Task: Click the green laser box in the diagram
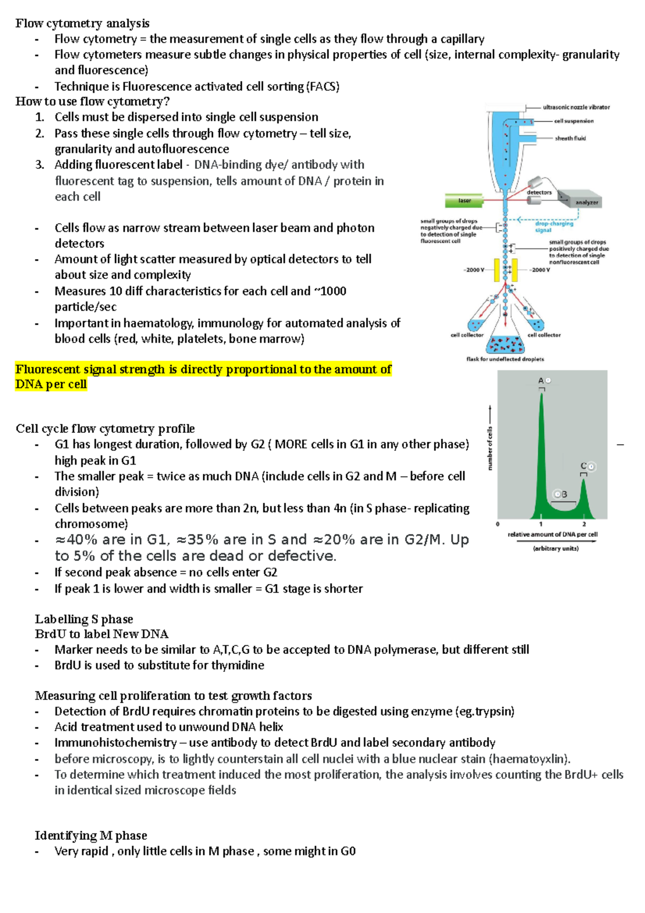tap(464, 201)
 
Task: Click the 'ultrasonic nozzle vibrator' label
tap(576, 107)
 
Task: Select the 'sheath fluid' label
tap(570, 138)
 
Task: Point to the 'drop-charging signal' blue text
tap(554, 227)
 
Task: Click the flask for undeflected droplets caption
tap(505, 359)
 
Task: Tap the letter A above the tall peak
tap(541, 381)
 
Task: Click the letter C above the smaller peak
tap(583, 466)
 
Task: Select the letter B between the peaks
tap(564, 494)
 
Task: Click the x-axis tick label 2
tap(584, 524)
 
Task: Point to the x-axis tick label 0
tap(498, 524)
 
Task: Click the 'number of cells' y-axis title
tap(490, 448)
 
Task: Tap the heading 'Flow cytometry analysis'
tap(82, 23)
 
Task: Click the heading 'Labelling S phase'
tap(84, 619)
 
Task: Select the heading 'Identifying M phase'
tap(91, 835)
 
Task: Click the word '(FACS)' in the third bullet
tap(322, 87)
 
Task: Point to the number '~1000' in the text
tap(329, 291)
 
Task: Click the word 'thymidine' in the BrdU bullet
tap(238, 665)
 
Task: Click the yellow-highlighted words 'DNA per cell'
tap(51, 384)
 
